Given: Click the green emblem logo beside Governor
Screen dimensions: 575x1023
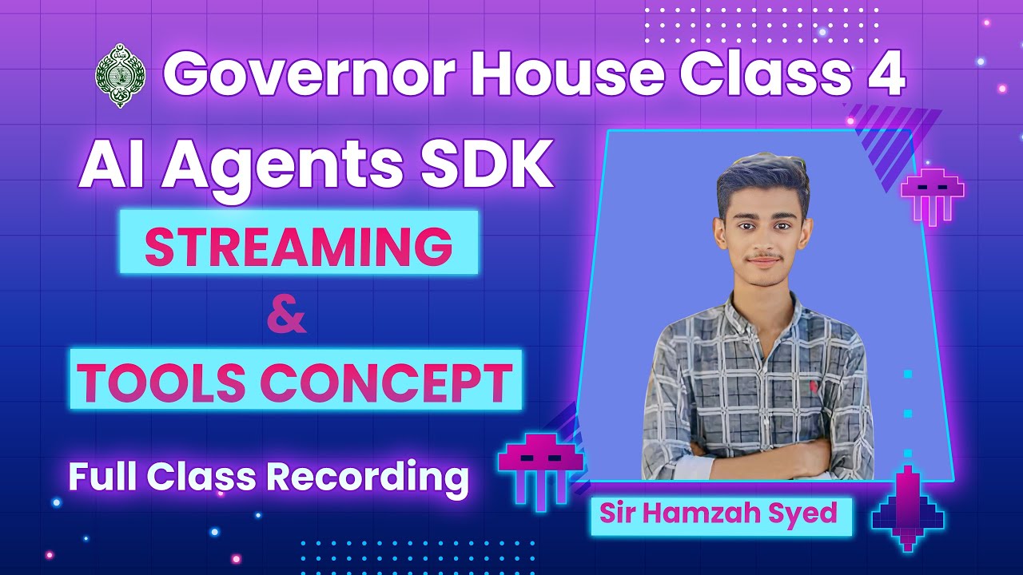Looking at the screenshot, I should pyautogui.click(x=120, y=75).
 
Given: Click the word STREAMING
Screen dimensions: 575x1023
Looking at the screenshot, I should pyautogui.click(x=298, y=247).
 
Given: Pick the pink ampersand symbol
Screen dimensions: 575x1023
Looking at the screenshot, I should pyautogui.click(x=286, y=315).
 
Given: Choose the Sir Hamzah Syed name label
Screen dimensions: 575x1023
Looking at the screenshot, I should pyautogui.click(x=718, y=513).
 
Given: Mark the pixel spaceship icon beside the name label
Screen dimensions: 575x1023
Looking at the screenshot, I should pyautogui.click(x=907, y=511).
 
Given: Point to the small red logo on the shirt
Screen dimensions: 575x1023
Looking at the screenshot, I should pyautogui.click(x=814, y=387).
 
